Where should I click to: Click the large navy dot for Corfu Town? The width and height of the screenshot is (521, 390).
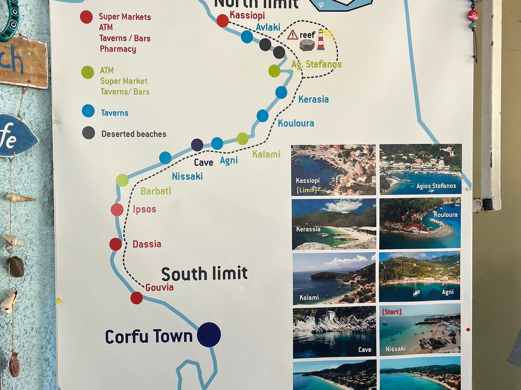coord(209,334)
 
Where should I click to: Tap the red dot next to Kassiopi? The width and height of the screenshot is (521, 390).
coord(222,21)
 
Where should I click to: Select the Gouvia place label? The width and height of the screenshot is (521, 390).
coord(159,288)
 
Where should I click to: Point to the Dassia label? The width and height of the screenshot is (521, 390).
coord(147,244)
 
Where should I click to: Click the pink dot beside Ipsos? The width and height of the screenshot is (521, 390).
coord(117,209)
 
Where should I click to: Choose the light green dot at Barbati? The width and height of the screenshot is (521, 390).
coord(123,180)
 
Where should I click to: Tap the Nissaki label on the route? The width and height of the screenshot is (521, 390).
coord(187,176)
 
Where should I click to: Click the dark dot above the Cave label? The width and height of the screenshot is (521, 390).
coord(197,145)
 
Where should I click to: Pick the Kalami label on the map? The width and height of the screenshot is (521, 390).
coord(266,154)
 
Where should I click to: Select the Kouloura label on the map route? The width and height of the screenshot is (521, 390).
coord(296,124)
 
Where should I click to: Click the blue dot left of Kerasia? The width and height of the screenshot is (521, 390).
coord(281,92)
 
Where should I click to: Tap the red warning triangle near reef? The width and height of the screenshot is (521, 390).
coord(292,35)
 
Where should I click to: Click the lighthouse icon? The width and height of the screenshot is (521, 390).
coord(320,40)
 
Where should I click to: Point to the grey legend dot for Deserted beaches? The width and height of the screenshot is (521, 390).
coord(88,133)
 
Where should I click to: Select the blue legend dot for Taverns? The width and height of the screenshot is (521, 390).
coord(88,111)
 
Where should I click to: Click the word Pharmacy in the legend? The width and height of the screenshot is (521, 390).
coord(118,49)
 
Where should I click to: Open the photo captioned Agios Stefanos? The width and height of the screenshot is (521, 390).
coord(420,169)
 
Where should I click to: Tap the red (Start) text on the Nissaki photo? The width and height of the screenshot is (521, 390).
coord(391,312)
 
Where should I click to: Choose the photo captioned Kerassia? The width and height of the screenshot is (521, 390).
coord(334,223)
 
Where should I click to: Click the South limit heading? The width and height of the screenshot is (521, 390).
coord(204,274)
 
